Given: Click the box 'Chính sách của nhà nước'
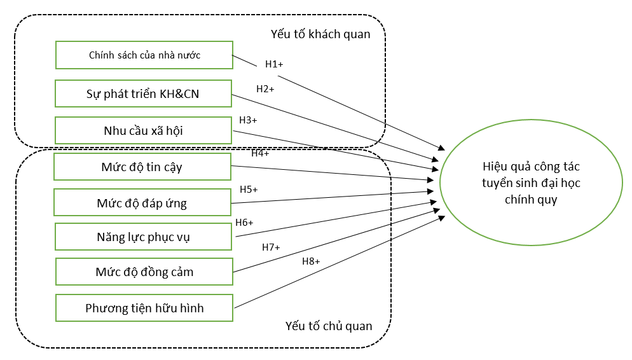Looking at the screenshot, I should click(x=144, y=55).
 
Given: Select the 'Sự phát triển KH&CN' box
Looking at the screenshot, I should click(x=142, y=93).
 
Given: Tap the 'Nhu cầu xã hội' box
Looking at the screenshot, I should click(x=143, y=131).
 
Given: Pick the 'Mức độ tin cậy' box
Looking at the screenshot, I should click(x=142, y=167).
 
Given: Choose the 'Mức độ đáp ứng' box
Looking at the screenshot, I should click(x=142, y=203).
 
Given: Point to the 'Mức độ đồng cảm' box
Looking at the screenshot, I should click(x=144, y=272).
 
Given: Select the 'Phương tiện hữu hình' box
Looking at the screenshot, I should click(x=144, y=308).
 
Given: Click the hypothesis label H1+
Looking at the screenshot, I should click(x=274, y=64).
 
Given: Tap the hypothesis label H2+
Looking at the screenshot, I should click(x=265, y=89).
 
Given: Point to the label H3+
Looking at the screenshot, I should click(x=248, y=120).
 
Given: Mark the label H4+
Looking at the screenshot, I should click(x=260, y=153).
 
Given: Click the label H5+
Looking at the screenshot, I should click(x=249, y=190).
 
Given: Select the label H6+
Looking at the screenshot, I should click(x=244, y=223).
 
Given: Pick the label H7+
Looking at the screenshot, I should click(x=271, y=247).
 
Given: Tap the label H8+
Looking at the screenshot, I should click(x=311, y=261).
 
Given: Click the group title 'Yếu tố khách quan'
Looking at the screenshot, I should click(x=321, y=34).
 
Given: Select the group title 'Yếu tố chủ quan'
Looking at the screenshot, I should click(x=329, y=326).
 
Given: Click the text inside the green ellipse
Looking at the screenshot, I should click(x=531, y=183).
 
